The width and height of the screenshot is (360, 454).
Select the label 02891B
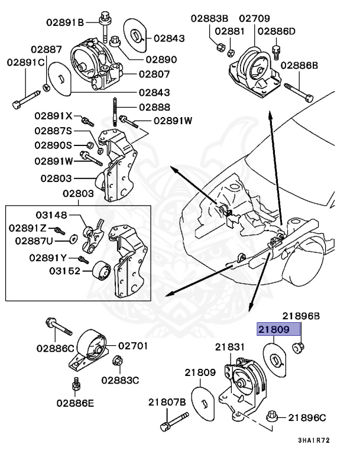point(66,23)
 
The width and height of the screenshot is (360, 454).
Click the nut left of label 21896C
point(273,417)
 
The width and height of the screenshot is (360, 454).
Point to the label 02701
point(133,346)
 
